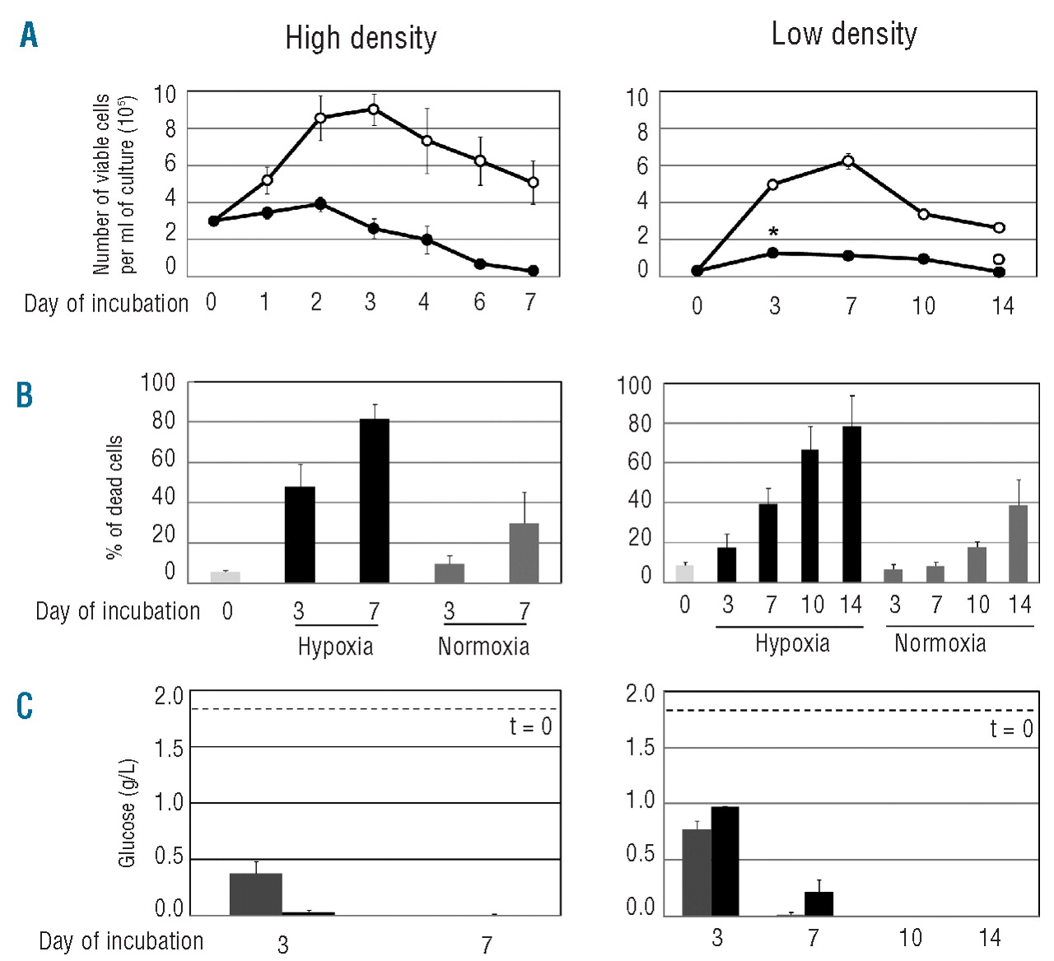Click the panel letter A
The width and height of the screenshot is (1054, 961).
pyautogui.click(x=29, y=35)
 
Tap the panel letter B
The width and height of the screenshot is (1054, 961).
pyautogui.click(x=25, y=395)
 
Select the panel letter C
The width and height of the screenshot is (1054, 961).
pyautogui.click(x=25, y=706)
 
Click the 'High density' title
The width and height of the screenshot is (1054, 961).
pyautogui.click(x=361, y=38)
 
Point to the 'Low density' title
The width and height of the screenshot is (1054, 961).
pyautogui.click(x=844, y=34)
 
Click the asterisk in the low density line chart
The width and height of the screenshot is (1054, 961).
pyautogui.click(x=773, y=233)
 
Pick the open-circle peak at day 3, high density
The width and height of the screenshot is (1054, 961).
pyautogui.click(x=373, y=109)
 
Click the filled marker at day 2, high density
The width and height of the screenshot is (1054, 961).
pyautogui.click(x=320, y=203)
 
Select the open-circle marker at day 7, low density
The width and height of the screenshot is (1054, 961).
pyautogui.click(x=848, y=161)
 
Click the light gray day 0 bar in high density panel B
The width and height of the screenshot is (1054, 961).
pyautogui.click(x=225, y=576)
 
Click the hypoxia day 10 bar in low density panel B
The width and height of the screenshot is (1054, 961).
pyautogui.click(x=810, y=515)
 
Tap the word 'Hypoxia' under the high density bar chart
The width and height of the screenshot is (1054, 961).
pyautogui.click(x=335, y=646)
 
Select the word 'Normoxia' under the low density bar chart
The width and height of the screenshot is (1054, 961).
pyautogui.click(x=940, y=643)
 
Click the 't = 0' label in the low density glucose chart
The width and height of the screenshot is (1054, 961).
pyautogui.click(x=1011, y=729)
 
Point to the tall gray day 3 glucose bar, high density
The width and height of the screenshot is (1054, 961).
pyautogui.click(x=255, y=893)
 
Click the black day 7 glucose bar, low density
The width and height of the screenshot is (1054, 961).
pyautogui.click(x=818, y=903)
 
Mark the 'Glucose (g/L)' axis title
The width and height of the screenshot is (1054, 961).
pyautogui.click(x=127, y=813)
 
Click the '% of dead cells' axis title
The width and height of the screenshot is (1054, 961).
pyautogui.click(x=114, y=497)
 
